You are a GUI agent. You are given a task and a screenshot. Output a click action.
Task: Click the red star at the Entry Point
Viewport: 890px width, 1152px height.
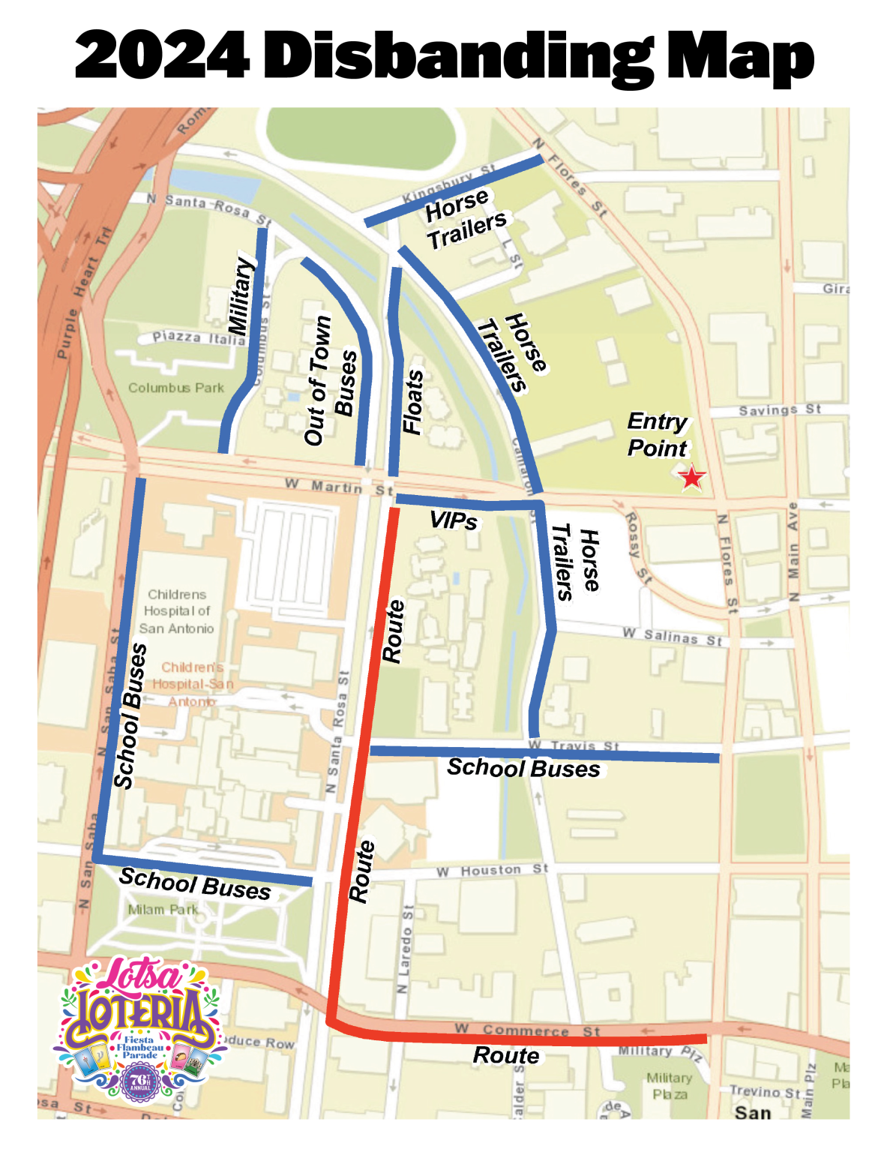(691, 477)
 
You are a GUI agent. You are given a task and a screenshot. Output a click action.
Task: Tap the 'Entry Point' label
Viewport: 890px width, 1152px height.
(657, 435)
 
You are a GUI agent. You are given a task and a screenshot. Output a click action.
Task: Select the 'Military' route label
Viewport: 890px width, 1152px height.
(239, 296)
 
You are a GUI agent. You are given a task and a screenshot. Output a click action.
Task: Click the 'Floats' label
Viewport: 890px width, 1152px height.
(413, 402)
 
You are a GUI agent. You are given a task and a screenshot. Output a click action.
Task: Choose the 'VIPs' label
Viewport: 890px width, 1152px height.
(453, 520)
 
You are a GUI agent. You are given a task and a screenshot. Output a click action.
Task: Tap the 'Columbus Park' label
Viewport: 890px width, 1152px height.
(175, 388)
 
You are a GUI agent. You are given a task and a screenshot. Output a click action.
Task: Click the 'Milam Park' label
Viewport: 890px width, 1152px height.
(163, 910)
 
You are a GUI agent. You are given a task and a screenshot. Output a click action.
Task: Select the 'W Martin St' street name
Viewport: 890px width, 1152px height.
(339, 487)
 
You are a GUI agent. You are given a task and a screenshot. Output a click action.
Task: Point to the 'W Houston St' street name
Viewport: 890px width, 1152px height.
(492, 870)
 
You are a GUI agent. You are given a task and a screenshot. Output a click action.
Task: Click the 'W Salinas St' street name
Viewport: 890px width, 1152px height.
(672, 637)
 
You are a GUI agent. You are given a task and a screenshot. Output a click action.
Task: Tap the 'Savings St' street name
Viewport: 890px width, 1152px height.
(780, 409)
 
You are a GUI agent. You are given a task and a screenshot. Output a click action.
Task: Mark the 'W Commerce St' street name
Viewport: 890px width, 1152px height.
(527, 1030)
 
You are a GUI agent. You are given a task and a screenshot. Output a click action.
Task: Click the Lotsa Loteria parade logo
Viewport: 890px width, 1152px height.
(139, 1027)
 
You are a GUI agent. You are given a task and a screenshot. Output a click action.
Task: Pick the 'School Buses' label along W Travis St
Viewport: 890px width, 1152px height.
(523, 768)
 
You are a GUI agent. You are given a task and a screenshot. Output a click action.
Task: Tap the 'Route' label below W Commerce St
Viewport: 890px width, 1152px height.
(506, 1055)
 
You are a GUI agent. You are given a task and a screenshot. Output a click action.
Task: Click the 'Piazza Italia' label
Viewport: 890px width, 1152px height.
(199, 337)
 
